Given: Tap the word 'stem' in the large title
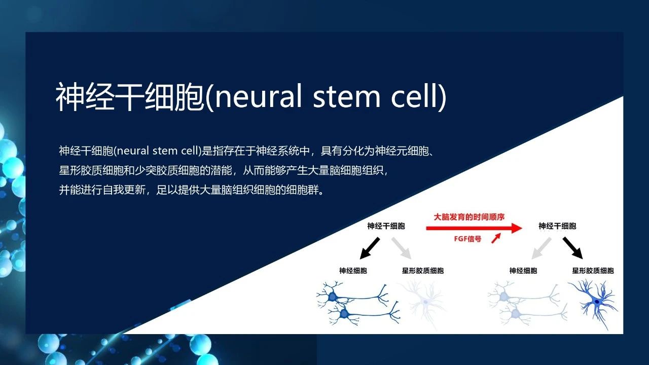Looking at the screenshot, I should (346, 96).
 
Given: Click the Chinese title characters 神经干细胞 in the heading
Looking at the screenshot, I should (129, 96).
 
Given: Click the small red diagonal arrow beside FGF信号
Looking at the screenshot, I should (495, 238).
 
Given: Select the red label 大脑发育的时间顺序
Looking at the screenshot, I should (469, 217).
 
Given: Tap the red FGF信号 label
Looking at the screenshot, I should (467, 239).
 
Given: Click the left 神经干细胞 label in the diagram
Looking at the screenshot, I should (386, 226).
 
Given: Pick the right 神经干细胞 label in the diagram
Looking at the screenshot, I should (557, 226).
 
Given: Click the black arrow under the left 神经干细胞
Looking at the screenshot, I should (370, 248).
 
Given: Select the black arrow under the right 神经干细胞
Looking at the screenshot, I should (572, 248).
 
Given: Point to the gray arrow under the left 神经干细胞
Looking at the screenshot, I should (402, 248).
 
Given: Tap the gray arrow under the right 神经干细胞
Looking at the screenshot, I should (541, 248).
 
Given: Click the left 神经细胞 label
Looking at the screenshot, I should (353, 271).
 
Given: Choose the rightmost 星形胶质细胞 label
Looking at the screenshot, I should (593, 271).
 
